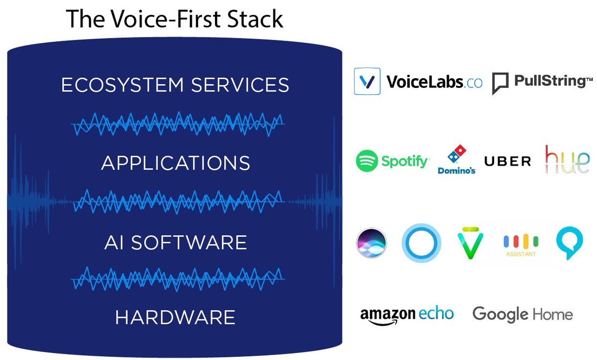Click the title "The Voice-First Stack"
click(x=175, y=19)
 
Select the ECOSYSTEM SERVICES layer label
click(x=175, y=85)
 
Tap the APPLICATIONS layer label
click(x=175, y=163)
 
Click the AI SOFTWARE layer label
click(x=175, y=242)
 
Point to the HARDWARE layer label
click(x=175, y=318)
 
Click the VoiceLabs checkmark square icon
click(x=367, y=81)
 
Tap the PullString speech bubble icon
click(x=500, y=84)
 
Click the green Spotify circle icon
click(x=367, y=161)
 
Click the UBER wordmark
click(x=507, y=161)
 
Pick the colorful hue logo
click(x=567, y=159)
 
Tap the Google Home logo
click(x=522, y=314)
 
